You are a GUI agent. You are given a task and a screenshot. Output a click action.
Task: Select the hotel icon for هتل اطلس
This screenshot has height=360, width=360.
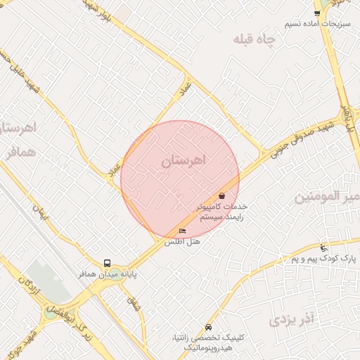coord(183,231)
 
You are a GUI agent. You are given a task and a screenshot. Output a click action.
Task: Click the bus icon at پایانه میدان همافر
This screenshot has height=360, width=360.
coord(107,264)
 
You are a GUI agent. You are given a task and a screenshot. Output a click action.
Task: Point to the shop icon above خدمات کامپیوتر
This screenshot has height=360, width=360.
coord(222,196)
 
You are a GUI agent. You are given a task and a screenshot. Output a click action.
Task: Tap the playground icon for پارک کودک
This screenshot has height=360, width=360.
coord(323,247)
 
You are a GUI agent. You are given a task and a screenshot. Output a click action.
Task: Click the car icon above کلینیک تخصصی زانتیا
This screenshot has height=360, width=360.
coord(208,328)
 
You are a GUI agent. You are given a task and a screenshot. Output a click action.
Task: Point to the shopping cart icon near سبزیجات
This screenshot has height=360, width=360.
coord(318,13)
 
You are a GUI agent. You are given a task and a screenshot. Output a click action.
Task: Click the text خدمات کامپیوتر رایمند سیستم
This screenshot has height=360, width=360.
coord(224,212)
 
